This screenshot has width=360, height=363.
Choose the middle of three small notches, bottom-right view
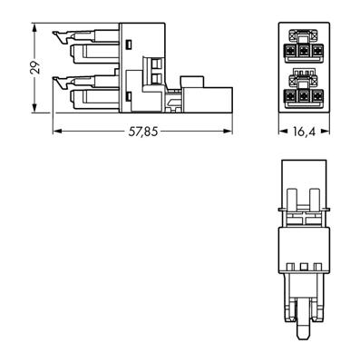click(x=301, y=267)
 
